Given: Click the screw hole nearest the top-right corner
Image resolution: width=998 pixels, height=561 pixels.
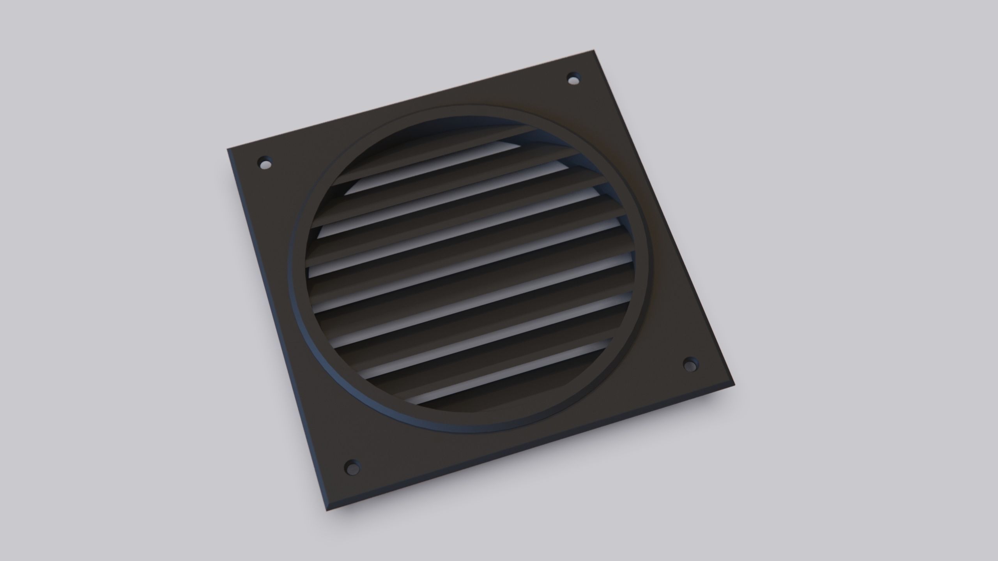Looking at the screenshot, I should click(573, 79).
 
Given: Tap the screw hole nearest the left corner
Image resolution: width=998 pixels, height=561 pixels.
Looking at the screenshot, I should click(265, 163).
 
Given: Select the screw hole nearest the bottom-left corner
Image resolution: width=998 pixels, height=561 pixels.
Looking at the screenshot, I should click(352, 467).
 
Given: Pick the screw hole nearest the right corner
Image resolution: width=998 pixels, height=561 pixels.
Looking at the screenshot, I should click(690, 365).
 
